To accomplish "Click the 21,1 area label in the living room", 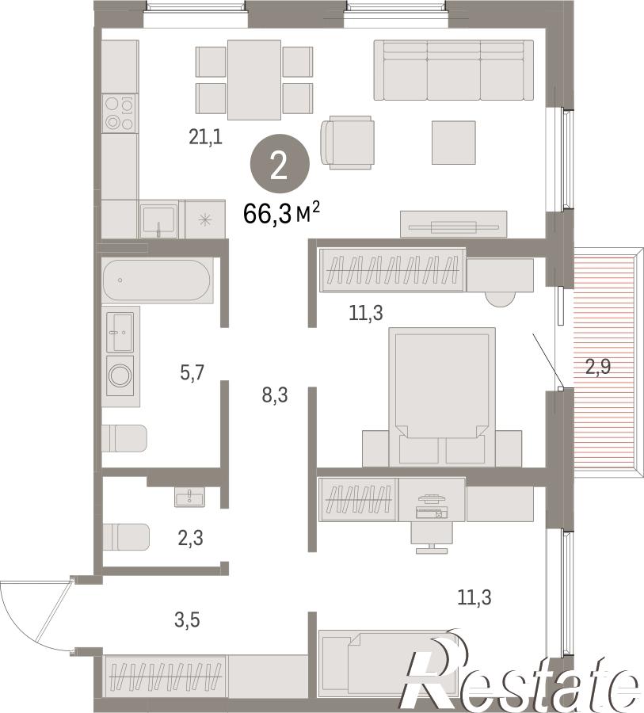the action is [206, 136].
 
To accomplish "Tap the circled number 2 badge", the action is [280, 164].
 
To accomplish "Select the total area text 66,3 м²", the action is [282, 214].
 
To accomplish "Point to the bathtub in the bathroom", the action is [157, 280].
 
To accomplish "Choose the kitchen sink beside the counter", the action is [158, 219].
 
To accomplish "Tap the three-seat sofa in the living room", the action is [453, 70].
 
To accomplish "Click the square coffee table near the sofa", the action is [453, 143].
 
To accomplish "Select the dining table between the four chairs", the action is [254, 79].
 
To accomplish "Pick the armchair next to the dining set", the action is [348, 142].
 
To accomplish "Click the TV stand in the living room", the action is [453, 224].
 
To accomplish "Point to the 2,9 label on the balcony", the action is [597, 367].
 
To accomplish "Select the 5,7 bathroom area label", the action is [192, 373].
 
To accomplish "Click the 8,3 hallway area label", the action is [275, 395].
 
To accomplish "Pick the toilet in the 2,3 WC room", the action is [125, 537].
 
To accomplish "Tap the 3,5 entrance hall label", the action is [187, 620].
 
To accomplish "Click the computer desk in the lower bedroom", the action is [432, 499].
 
